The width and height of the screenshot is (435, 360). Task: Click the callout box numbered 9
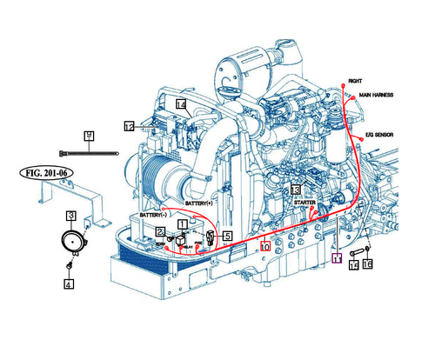tap(89, 135)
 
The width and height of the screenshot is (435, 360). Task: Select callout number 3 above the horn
tap(72, 215)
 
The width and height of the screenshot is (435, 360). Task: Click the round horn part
tap(71, 240)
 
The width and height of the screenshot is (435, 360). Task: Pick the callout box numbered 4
tap(68, 283)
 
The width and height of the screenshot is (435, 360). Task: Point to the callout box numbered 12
tap(129, 126)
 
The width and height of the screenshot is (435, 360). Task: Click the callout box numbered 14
tap(182, 105)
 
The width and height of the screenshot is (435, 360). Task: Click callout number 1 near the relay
tap(182, 223)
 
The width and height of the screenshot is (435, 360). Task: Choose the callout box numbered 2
tap(161, 230)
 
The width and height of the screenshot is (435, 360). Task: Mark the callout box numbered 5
tap(226, 235)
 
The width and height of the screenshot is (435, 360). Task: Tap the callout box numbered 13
tap(296, 189)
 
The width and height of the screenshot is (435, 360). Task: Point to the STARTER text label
tap(304, 202)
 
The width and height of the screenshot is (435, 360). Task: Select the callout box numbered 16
tap(368, 263)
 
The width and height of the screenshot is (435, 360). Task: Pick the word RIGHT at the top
tap(355, 81)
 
